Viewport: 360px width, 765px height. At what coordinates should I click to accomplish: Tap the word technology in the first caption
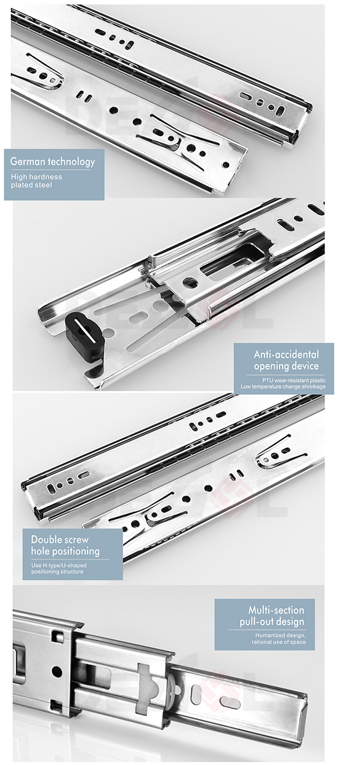click(72, 161)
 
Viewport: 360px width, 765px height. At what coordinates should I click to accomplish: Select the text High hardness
click(36, 176)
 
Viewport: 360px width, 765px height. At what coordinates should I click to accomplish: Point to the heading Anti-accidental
click(286, 354)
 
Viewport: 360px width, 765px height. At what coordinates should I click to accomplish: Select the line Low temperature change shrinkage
click(283, 386)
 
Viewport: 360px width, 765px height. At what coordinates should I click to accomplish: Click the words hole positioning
click(65, 551)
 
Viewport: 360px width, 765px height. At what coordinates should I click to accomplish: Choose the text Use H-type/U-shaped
click(58, 565)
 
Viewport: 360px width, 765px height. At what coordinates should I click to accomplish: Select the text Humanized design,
click(280, 635)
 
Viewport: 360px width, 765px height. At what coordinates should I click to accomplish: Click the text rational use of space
click(278, 642)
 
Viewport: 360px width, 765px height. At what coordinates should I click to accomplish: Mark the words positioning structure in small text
click(57, 572)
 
